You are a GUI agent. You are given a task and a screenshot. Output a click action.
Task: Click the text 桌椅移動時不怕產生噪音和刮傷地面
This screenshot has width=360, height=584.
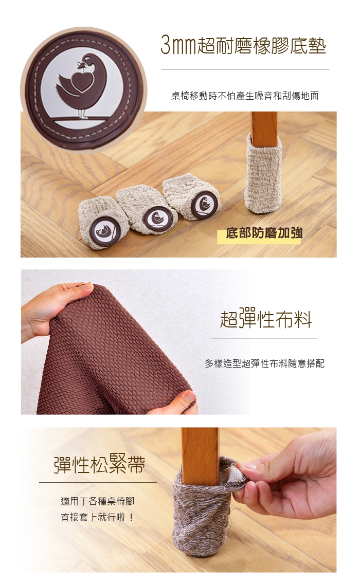point(245,96)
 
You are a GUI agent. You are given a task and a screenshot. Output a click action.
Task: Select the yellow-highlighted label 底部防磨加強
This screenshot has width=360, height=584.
point(264,233)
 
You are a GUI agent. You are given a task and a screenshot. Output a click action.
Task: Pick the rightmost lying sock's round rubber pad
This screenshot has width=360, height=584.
point(205,205)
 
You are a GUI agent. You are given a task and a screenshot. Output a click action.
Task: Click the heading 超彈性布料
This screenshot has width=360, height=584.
point(266,320)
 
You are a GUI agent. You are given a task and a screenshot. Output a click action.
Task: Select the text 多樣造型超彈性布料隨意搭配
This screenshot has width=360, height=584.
point(264,363)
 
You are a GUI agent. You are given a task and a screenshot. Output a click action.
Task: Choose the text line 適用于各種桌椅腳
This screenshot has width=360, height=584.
point(97,502)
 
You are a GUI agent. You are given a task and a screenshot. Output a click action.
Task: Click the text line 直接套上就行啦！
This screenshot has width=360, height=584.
point(97,518)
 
